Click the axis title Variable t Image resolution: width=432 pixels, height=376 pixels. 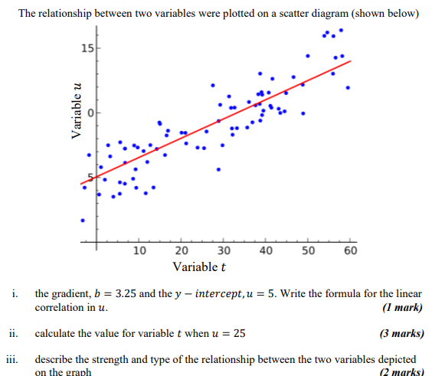pos(199,267)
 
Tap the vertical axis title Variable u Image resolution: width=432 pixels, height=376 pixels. pos(75,111)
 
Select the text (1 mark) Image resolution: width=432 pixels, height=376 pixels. pos(401,308)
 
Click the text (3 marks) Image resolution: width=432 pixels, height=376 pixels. pos(401,334)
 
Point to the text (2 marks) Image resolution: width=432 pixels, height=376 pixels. pos(401,371)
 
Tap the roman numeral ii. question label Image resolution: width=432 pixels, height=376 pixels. pos(13,334)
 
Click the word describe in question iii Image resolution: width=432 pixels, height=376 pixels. pos(55,359)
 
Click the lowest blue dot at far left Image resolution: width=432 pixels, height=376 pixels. pos(83,220)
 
